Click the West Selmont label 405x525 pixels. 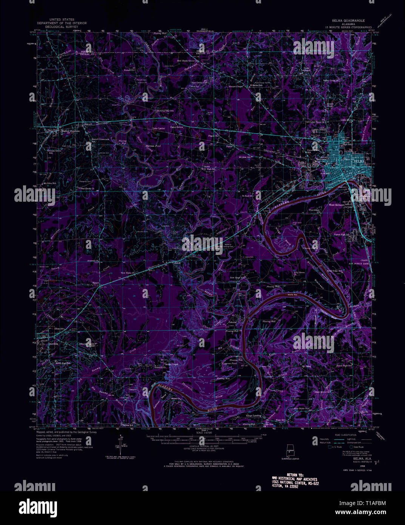337,205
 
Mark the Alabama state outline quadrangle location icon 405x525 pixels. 290,450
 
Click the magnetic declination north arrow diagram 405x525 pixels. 120,446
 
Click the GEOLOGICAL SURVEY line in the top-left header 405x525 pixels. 59,27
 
